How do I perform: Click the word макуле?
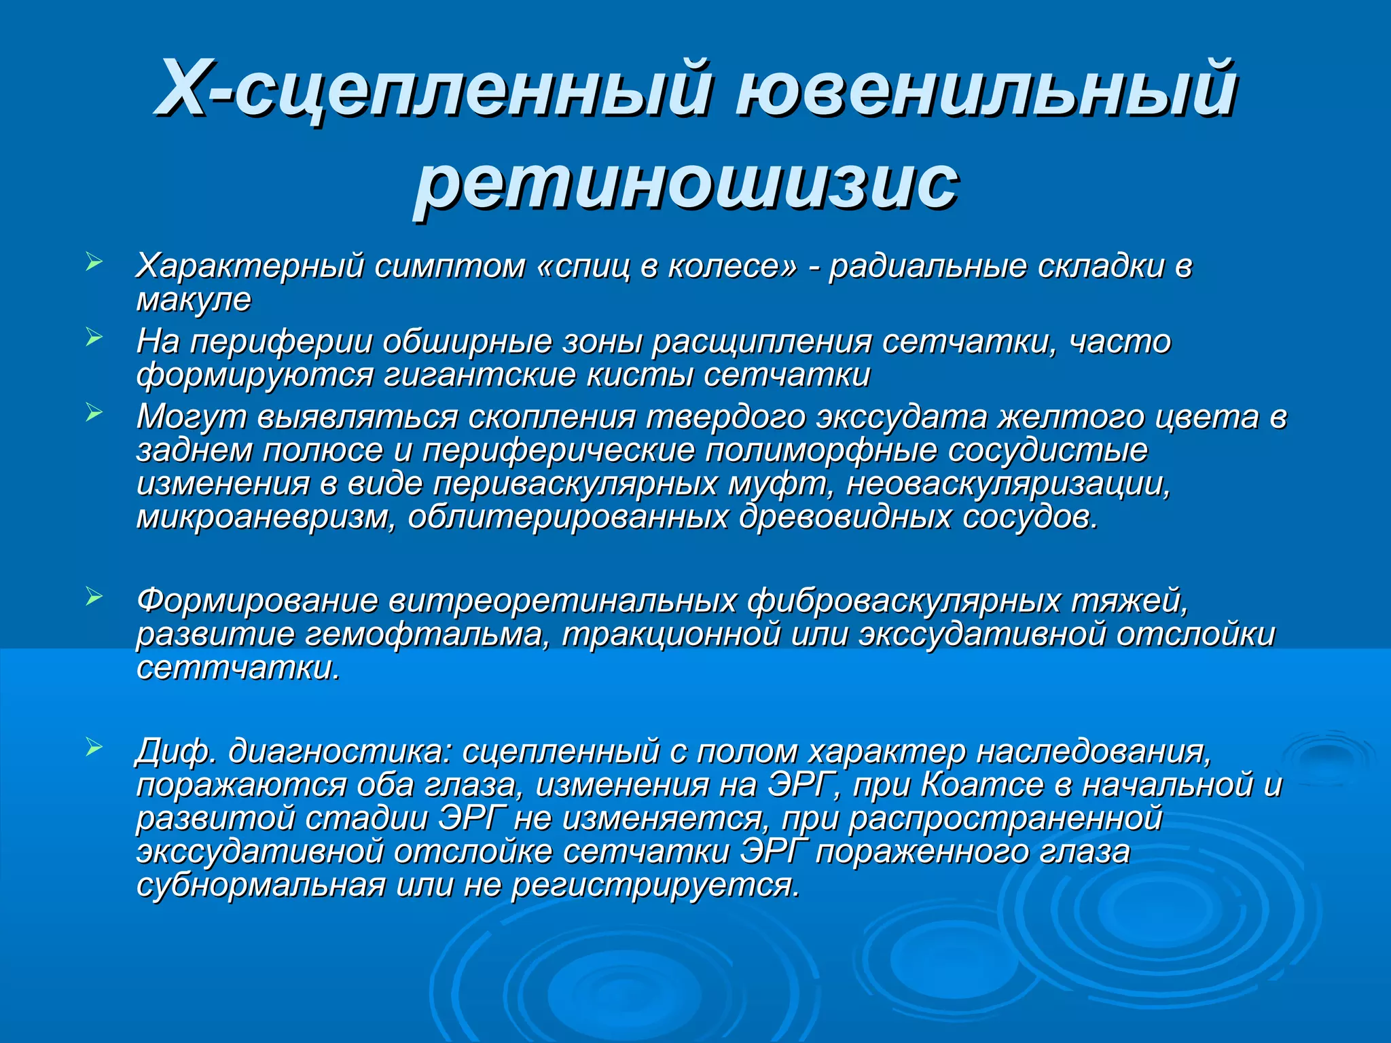(194, 299)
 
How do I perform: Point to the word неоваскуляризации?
(1008, 484)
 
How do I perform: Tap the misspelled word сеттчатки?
(238, 668)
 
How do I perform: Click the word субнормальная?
(261, 885)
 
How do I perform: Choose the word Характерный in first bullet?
(251, 266)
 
